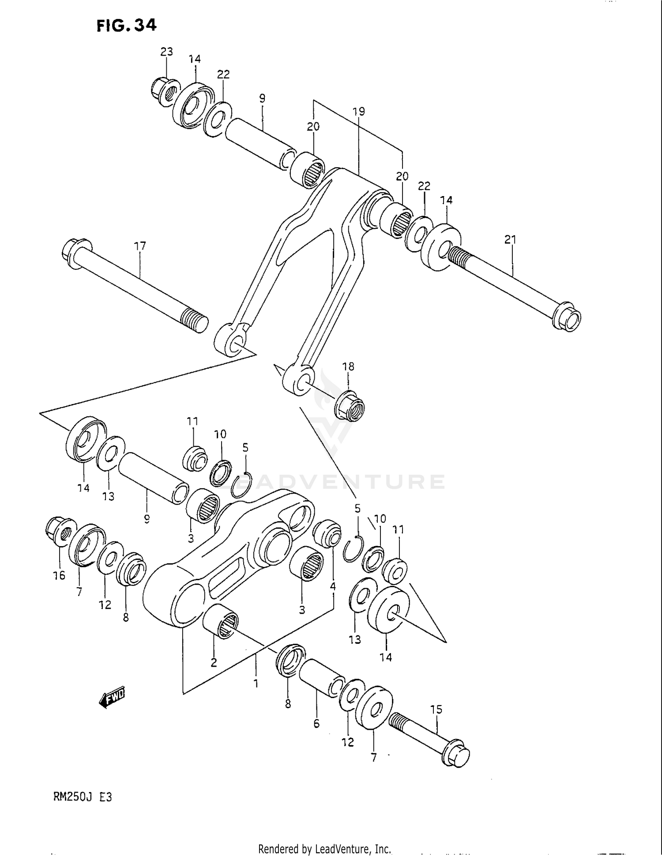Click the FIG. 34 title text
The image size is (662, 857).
127,26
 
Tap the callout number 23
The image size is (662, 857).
166,52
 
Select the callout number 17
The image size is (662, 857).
140,246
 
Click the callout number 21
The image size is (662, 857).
510,240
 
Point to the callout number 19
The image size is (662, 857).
359,111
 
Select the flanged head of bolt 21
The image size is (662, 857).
568,316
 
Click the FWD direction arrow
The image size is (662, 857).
112,698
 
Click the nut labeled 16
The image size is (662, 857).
58,532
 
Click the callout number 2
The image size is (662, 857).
214,662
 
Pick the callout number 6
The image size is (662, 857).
316,723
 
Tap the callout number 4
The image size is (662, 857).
333,586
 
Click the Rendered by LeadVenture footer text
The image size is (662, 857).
324,849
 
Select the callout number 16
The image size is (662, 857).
59,575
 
